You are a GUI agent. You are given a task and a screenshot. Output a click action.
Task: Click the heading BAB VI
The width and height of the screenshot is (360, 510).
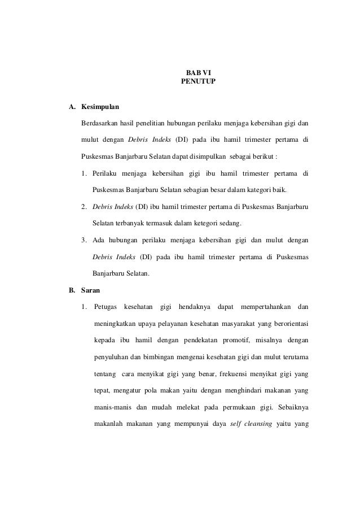pos(197,73)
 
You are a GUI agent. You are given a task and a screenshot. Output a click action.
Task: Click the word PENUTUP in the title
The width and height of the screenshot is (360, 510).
pos(197,82)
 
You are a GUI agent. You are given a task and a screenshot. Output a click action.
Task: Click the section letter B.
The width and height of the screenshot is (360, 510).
pos(71,292)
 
